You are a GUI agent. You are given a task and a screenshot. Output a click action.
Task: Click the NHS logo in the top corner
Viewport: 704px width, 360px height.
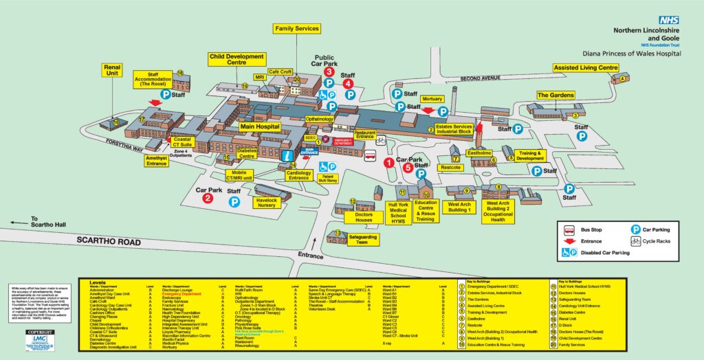point(669,21)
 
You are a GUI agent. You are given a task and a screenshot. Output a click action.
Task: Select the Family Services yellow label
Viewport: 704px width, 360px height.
point(297,28)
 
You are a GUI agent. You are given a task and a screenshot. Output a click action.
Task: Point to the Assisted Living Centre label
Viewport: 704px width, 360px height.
point(586,68)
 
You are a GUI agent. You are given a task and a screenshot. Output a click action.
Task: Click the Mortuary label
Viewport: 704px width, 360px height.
point(432,99)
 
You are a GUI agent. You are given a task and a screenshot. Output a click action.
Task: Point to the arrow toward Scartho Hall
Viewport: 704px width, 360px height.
point(19,223)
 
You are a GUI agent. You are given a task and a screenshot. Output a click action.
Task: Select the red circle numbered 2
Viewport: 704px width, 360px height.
point(208,199)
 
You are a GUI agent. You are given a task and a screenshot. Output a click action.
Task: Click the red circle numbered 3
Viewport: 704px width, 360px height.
point(329,71)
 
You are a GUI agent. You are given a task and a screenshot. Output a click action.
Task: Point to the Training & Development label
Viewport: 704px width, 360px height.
point(531,156)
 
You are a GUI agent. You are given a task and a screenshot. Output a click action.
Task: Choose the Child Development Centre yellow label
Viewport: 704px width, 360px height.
point(236,59)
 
